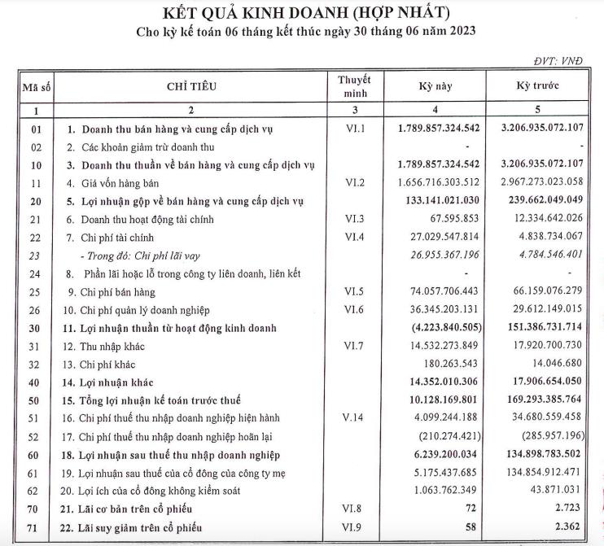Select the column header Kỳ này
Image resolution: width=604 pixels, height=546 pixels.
point(435,86)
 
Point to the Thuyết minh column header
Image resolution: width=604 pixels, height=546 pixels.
point(355,86)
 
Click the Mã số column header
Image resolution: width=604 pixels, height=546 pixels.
point(35,86)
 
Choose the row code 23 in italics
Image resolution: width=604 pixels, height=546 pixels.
point(35,256)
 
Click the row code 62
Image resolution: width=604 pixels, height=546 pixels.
point(35,491)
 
